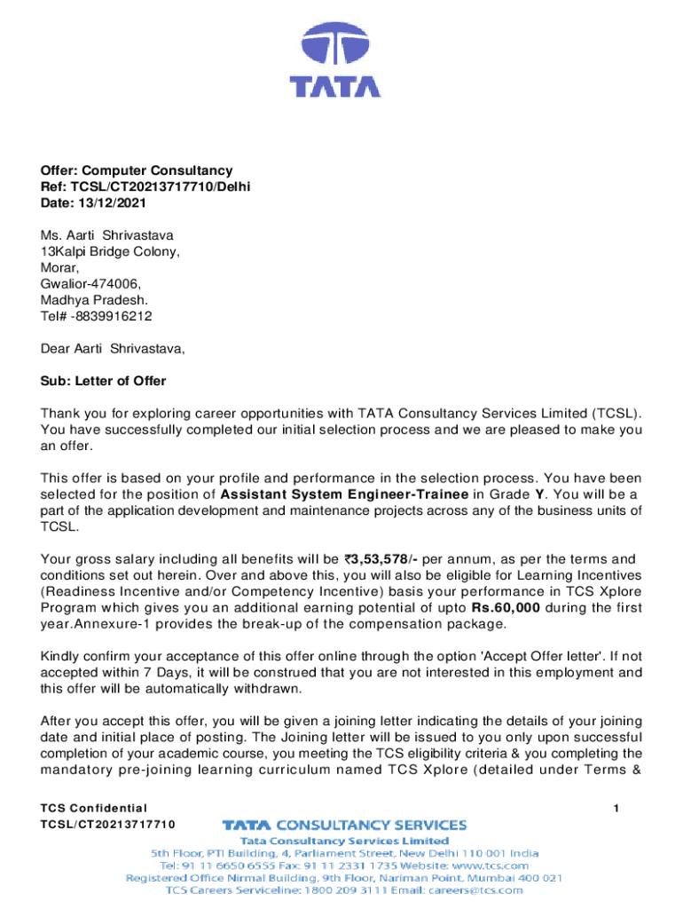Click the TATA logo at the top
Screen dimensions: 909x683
coord(336,61)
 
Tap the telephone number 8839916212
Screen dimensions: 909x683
coord(114,316)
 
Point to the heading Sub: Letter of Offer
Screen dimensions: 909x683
coord(103,381)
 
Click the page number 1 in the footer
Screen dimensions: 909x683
coord(616,808)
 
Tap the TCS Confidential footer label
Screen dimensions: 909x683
coord(93,808)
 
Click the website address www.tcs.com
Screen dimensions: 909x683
coord(493,864)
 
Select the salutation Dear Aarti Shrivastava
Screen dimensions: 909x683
coord(114,349)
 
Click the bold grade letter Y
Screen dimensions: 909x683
coord(540,494)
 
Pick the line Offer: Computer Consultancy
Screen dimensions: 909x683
coord(137,170)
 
